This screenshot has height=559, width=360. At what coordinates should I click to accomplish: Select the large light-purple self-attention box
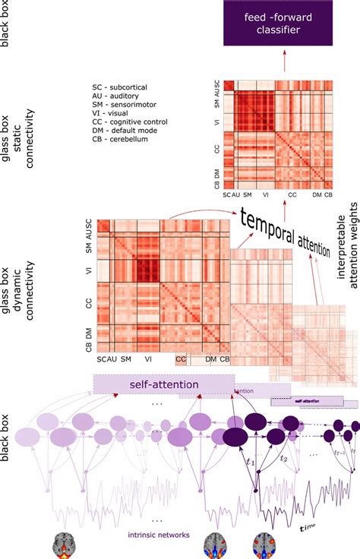[x=163, y=385]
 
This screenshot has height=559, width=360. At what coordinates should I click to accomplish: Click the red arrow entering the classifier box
[x=285, y=65]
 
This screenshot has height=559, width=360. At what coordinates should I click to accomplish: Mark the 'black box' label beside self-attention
[x=8, y=441]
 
